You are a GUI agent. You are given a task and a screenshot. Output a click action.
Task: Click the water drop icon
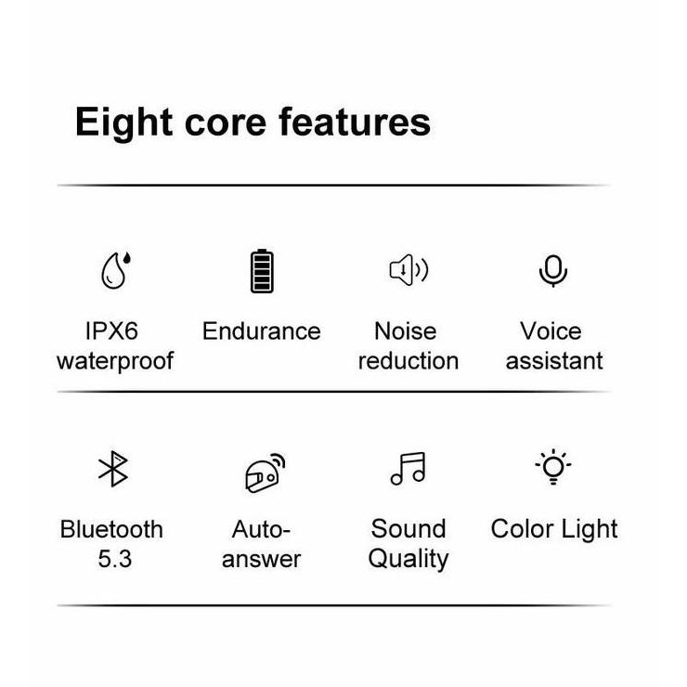pyautogui.click(x=115, y=270)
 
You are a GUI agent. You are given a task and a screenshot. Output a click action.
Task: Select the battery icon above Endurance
pyautogui.click(x=261, y=271)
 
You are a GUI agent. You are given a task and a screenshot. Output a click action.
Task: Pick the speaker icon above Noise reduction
pyautogui.click(x=408, y=270)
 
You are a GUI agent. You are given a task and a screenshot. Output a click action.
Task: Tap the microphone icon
pyautogui.click(x=553, y=270)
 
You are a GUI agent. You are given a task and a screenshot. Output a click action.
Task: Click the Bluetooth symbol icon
pyautogui.click(x=113, y=469)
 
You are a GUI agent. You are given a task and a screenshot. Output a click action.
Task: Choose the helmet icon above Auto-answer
pyautogui.click(x=264, y=473)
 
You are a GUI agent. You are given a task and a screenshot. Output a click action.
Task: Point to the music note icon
pyautogui.click(x=408, y=469)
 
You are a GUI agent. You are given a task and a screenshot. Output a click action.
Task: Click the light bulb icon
pyautogui.click(x=553, y=467)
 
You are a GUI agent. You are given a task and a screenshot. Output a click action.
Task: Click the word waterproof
pyautogui.click(x=115, y=360)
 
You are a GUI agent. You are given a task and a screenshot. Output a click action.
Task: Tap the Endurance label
pyautogui.click(x=261, y=331)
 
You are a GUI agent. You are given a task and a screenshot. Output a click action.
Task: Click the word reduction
pyautogui.click(x=408, y=360)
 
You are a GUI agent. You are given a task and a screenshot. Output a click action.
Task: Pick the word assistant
pyautogui.click(x=554, y=360)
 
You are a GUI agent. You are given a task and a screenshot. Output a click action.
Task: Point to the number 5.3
pyautogui.click(x=115, y=559)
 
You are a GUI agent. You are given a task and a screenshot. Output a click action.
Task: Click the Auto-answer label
pyautogui.click(x=262, y=544)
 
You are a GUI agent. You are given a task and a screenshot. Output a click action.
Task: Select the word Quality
pyautogui.click(x=408, y=559)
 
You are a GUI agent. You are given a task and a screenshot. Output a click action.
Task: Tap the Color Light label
pyautogui.click(x=554, y=529)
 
